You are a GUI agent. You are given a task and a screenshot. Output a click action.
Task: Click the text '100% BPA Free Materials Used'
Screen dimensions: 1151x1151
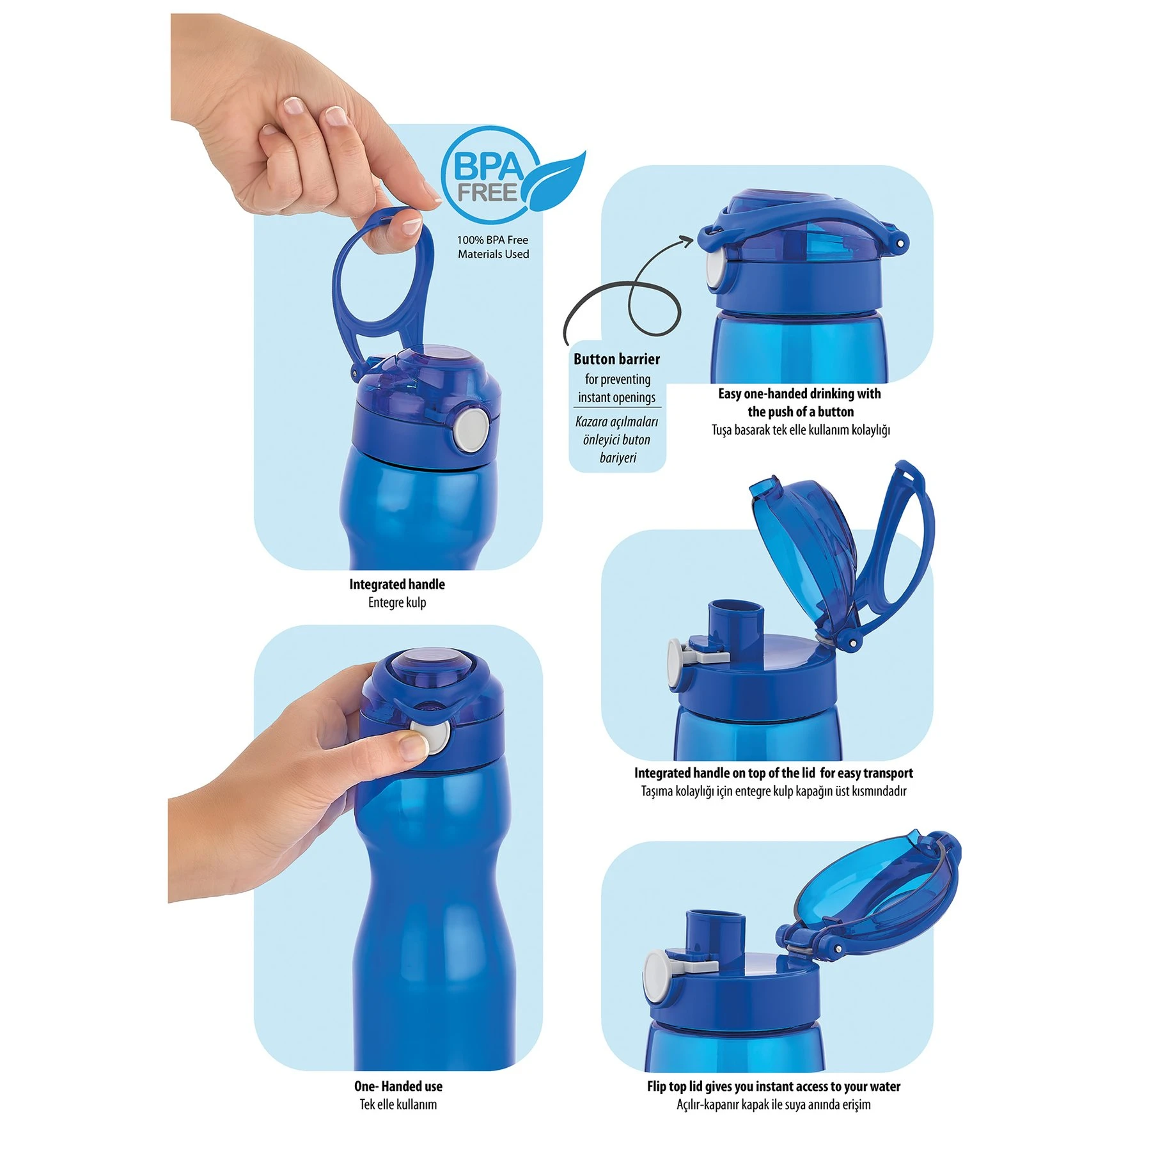click(493, 247)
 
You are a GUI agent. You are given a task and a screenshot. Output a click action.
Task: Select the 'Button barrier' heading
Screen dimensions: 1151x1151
click(616, 359)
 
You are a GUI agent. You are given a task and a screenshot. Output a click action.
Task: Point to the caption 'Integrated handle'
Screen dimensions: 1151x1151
click(396, 584)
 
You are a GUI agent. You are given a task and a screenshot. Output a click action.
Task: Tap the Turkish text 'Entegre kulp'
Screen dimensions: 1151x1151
click(396, 602)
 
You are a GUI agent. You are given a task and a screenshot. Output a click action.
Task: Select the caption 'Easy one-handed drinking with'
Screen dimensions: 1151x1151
click(799, 393)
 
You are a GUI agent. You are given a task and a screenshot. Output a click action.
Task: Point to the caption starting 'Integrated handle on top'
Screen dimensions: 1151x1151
click(774, 772)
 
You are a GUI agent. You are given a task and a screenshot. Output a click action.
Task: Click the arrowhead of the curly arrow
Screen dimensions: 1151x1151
click(687, 240)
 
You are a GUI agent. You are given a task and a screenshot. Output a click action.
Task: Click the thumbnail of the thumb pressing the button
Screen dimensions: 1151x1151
click(412, 745)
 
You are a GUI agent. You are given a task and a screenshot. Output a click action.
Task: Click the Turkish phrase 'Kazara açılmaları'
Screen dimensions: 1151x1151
click(616, 422)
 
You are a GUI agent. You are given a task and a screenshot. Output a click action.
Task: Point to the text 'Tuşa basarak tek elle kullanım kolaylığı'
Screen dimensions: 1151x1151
click(801, 430)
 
